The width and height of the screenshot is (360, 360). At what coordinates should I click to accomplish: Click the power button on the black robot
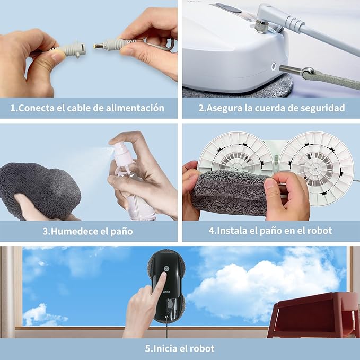pyautogui.click(x=166, y=269)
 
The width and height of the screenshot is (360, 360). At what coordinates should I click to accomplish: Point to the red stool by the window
pyautogui.click(x=314, y=315)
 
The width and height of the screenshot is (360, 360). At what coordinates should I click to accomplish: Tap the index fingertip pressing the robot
pyautogui.click(x=164, y=275)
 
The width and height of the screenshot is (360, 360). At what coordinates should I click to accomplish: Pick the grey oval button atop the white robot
pyautogui.click(x=229, y=7)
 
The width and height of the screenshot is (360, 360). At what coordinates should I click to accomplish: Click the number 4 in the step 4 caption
pyautogui.click(x=211, y=231)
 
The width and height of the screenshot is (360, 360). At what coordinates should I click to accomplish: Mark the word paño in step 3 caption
pyautogui.click(x=122, y=231)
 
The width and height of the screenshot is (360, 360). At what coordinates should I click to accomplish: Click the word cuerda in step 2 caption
pyautogui.click(x=270, y=108)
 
